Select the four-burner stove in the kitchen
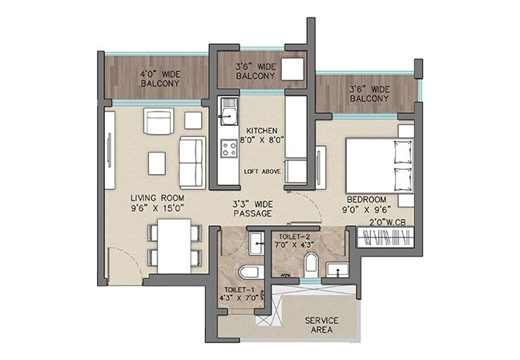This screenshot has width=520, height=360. pyautogui.click(x=228, y=148)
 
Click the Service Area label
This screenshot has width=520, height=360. pyautogui.click(x=320, y=326)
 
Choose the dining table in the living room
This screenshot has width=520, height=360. pyautogui.click(x=174, y=245)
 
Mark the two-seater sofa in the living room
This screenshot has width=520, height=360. pyautogui.click(x=191, y=163)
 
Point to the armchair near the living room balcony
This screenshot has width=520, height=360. pyautogui.click(x=159, y=121)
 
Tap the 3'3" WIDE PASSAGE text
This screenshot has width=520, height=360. pyautogui.click(x=252, y=209)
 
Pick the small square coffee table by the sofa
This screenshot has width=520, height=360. pyautogui.click(x=157, y=164)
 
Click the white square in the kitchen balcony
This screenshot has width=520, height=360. pyautogui.click(x=292, y=68)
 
